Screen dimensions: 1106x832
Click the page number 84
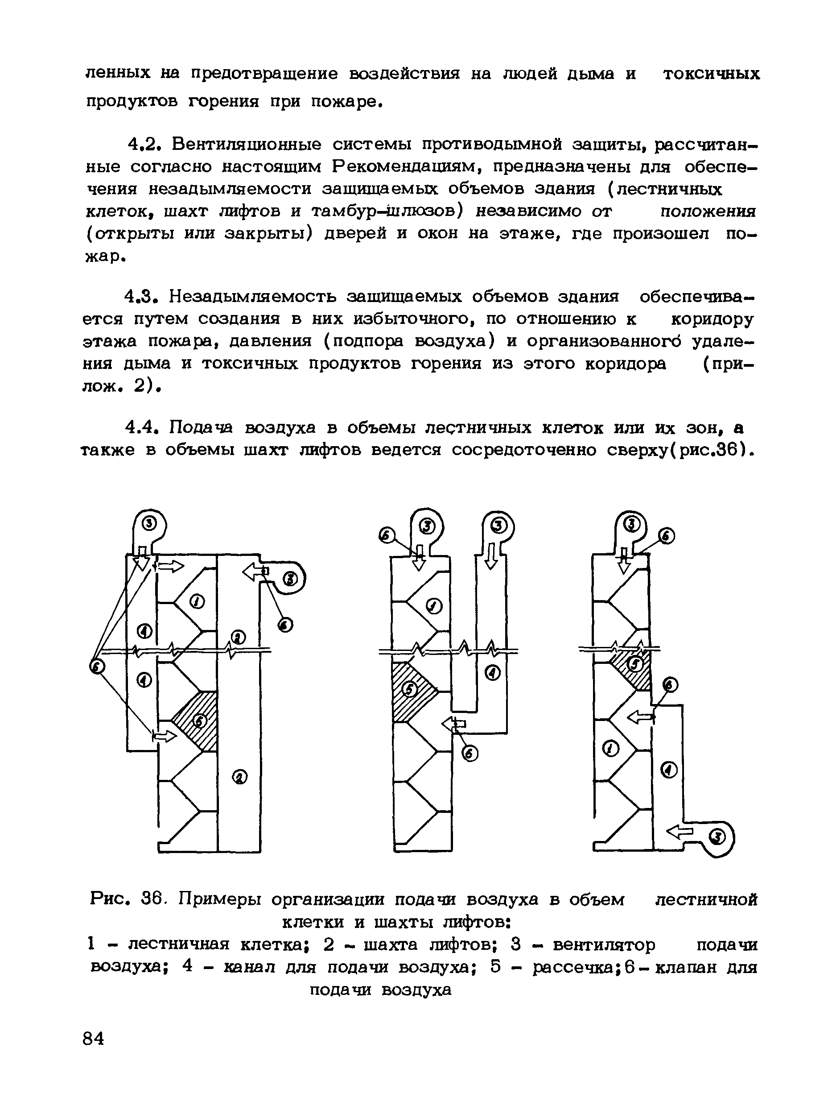(94, 1039)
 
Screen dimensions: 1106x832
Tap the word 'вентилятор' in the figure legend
(604, 944)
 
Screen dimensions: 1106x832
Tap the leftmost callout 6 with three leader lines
(97, 666)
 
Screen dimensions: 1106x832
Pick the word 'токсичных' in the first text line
(711, 74)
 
